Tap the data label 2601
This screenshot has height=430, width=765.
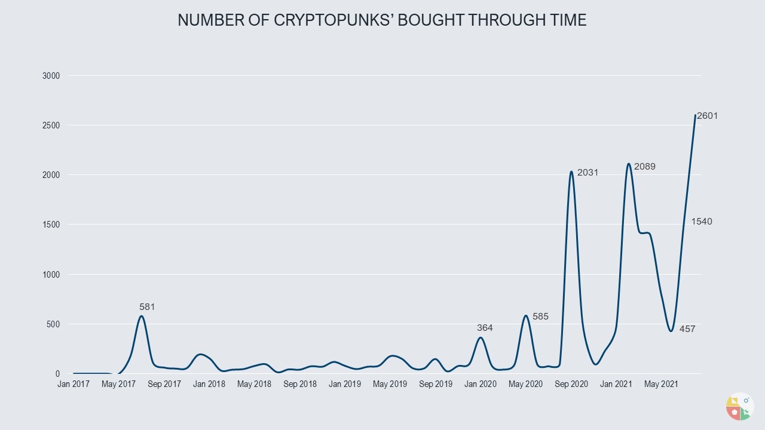707,116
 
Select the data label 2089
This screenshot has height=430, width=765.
645,167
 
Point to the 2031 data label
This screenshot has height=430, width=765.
587,173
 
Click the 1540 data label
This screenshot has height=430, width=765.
702,222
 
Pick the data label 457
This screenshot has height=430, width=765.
687,328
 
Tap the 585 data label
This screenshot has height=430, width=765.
540,317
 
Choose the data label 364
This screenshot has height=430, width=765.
485,327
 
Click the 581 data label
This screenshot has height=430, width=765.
147,307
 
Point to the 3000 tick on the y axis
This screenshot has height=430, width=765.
51,76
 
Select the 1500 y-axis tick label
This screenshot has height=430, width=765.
51,225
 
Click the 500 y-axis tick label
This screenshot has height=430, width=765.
54,324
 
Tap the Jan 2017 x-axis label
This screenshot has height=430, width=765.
74,384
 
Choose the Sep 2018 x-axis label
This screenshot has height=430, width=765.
299,384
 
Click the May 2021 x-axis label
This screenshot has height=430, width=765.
660,384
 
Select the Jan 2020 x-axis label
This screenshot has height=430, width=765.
480,384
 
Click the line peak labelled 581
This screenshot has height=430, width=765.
142,316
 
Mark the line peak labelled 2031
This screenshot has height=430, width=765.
571,172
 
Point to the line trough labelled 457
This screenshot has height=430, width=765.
671,330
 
